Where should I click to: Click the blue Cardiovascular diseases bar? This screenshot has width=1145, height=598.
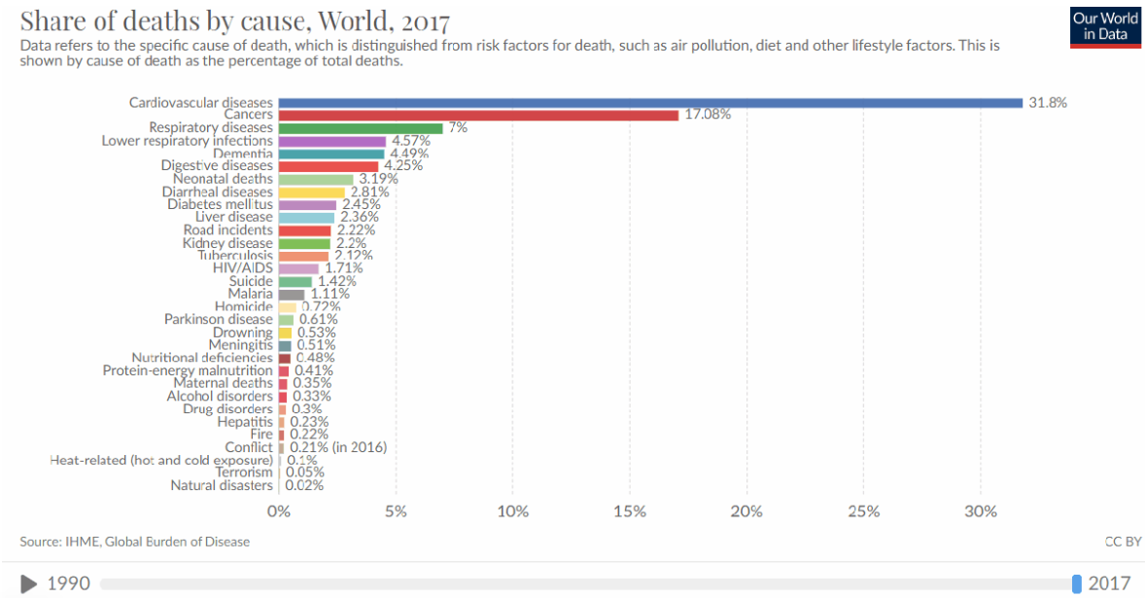pyautogui.click(x=649, y=102)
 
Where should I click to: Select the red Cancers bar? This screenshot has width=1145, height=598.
pyautogui.click(x=478, y=115)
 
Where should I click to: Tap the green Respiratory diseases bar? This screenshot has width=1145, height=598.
pyautogui.click(x=361, y=127)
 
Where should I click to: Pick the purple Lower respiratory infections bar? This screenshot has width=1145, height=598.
pyautogui.click(x=332, y=141)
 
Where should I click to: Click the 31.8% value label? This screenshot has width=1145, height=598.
pyautogui.click(x=1048, y=102)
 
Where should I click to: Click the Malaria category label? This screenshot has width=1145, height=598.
pyautogui.click(x=250, y=294)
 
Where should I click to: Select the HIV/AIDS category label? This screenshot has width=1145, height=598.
pyautogui.click(x=243, y=267)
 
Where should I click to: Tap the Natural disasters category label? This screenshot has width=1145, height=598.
pyautogui.click(x=222, y=485)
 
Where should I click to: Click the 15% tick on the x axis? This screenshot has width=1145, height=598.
pyautogui.click(x=630, y=511)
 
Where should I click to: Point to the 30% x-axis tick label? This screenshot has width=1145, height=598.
pyautogui.click(x=981, y=511)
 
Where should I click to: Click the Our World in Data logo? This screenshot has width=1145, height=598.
pyautogui.click(x=1105, y=26)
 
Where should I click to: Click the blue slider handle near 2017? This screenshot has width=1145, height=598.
pyautogui.click(x=1076, y=583)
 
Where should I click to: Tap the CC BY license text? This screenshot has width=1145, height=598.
pyautogui.click(x=1123, y=542)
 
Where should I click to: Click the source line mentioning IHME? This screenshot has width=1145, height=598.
pyautogui.click(x=134, y=542)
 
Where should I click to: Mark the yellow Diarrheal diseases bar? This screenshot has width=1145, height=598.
pyautogui.click(x=312, y=192)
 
